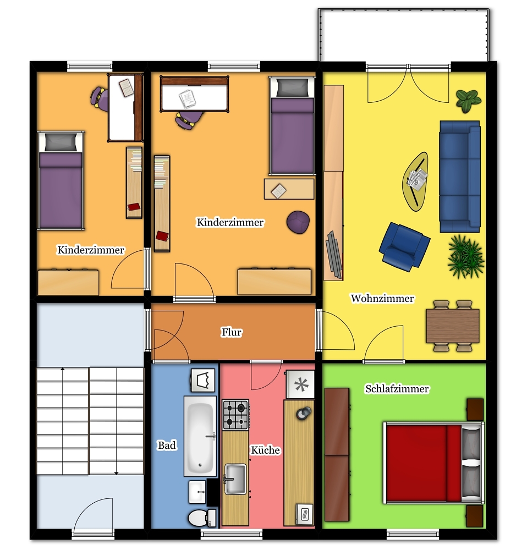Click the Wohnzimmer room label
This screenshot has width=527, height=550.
(382, 298)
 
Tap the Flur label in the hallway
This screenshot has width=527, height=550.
(231, 332)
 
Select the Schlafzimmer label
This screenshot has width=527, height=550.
(397, 389)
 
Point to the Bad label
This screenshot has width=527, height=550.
(167, 445)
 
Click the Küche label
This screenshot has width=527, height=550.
(265, 450)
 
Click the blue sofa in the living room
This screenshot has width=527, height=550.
(460, 177)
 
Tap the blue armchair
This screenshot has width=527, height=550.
(404, 247)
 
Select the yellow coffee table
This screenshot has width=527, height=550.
(415, 182)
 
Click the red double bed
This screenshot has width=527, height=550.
(433, 463)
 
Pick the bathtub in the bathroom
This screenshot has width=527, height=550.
(200, 436)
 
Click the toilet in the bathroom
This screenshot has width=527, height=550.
(202, 518)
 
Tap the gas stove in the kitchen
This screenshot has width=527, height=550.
(235, 415)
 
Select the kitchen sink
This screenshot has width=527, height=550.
(235, 479)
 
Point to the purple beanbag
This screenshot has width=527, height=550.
(298, 222)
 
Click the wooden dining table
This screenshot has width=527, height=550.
(453, 326)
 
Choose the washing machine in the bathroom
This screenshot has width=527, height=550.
(203, 380)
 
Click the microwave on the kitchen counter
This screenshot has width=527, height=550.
(305, 514)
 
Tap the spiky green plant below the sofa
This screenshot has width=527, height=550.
(466, 257)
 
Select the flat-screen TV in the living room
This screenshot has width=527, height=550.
(334, 254)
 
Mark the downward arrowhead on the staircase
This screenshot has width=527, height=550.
(116, 473)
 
